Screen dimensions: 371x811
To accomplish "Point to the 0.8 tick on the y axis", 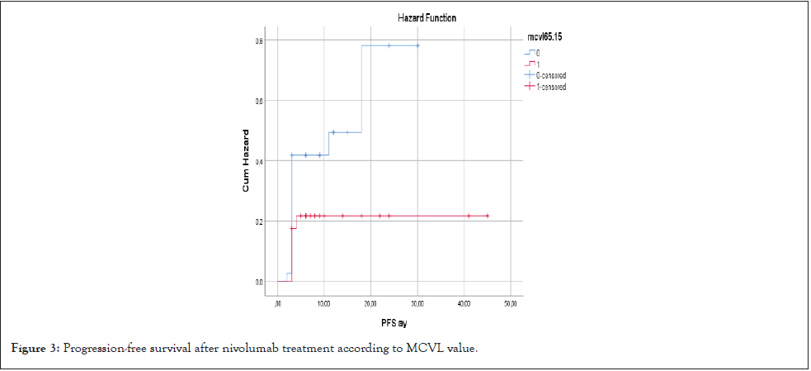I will tap(259, 40).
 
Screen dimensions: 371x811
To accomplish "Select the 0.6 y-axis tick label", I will tap(259, 101).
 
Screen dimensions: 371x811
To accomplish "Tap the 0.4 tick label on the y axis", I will tap(259, 161).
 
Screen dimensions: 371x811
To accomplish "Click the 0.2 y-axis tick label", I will tap(259, 221).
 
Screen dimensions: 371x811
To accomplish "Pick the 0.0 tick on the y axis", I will tap(259, 282).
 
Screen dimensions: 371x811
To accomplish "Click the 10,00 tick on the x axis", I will tap(323, 304).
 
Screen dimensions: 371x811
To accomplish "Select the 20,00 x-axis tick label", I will tap(370, 304).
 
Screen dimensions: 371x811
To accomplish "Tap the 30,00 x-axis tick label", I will tap(417, 304).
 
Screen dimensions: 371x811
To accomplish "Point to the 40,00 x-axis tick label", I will tap(464, 304).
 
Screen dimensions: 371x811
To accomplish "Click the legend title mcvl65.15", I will tap(545, 37).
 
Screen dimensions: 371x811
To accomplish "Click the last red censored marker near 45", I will tap(488, 216).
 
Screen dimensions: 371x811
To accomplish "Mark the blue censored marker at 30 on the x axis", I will tap(417, 45).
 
